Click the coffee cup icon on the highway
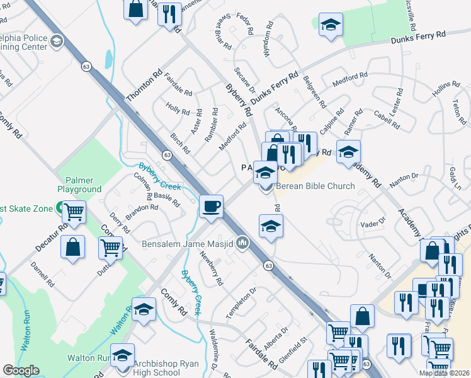(x=211, y=206)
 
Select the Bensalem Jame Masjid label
(x=196, y=244)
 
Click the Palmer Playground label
(x=79, y=185)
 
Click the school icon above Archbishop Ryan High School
(x=122, y=355)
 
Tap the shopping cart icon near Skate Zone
(x=74, y=212)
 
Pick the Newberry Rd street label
(x=212, y=268)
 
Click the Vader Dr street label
(x=372, y=223)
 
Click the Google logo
(x=21, y=371)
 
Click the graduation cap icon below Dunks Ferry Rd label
(x=331, y=26)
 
